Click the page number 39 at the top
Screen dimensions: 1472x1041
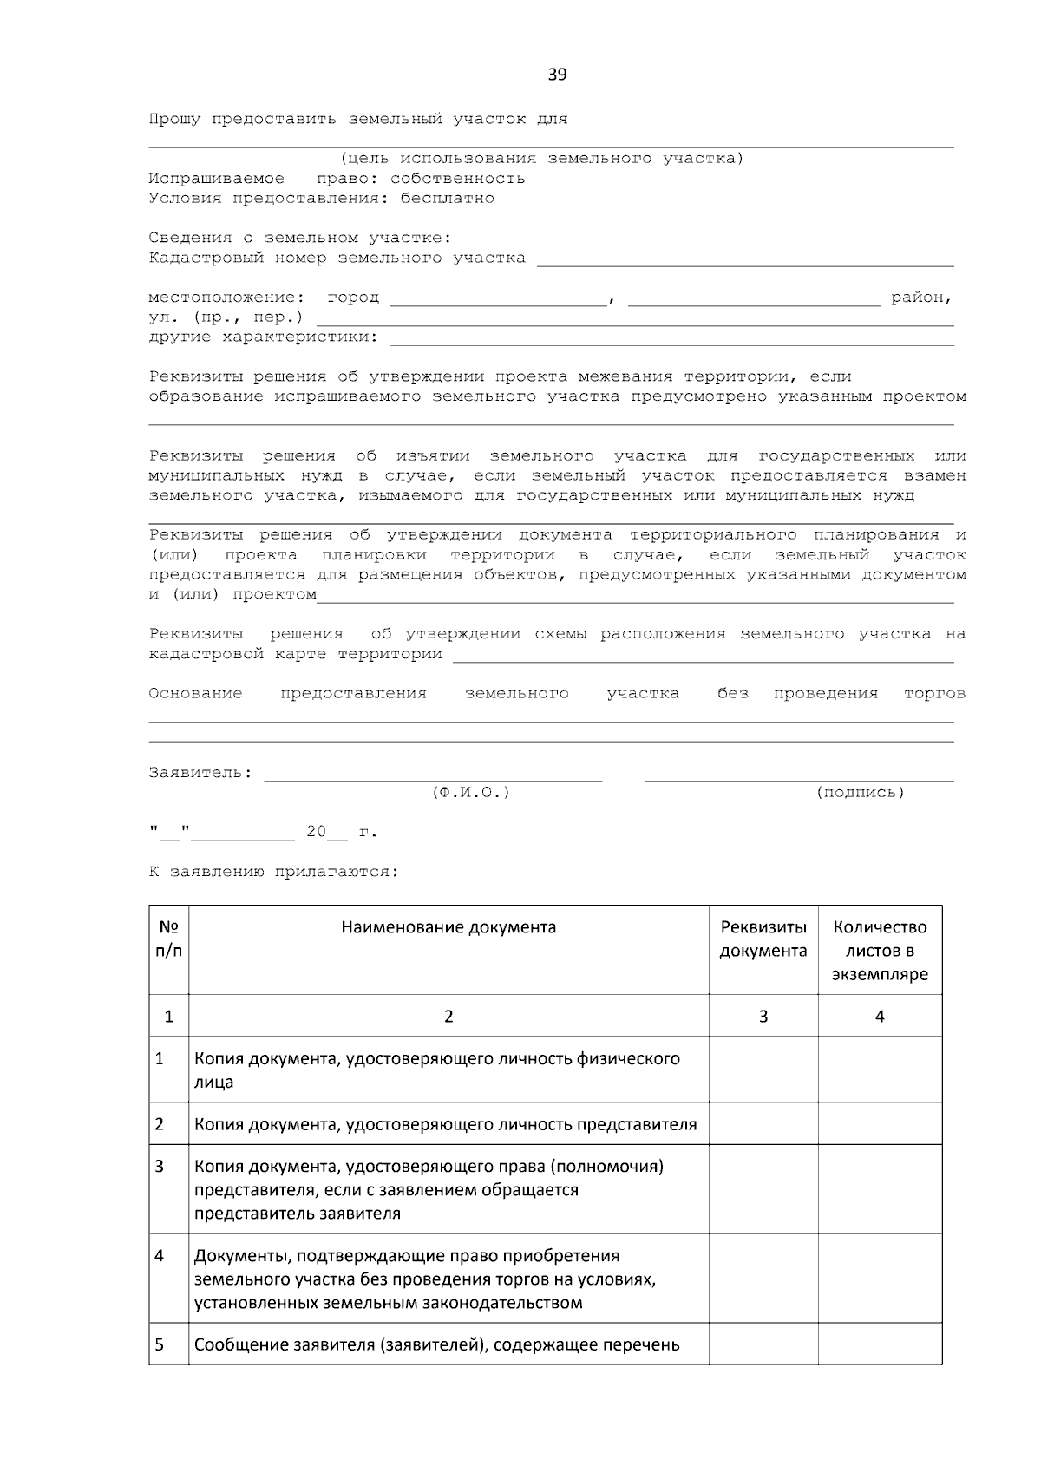click(x=557, y=75)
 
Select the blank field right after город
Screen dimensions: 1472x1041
click(x=498, y=300)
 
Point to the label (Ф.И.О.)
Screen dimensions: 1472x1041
click(x=470, y=793)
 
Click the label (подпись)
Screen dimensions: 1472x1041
click(x=860, y=793)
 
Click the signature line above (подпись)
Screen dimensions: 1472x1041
click(x=798, y=776)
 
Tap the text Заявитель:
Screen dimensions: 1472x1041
click(x=200, y=773)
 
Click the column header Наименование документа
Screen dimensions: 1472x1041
click(x=448, y=927)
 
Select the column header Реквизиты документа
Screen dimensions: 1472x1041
click(x=763, y=939)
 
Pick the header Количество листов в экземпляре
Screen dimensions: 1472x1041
click(x=880, y=951)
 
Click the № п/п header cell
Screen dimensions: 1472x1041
click(x=169, y=939)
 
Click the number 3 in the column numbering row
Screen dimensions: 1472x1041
click(x=763, y=1017)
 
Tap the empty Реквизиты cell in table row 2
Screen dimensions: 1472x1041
click(x=763, y=1124)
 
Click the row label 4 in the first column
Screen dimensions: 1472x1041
click(x=160, y=1256)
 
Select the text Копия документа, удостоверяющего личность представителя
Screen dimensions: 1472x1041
click(x=445, y=1125)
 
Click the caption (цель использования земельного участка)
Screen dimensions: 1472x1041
click(x=541, y=159)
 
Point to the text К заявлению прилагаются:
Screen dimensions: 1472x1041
click(x=273, y=873)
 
